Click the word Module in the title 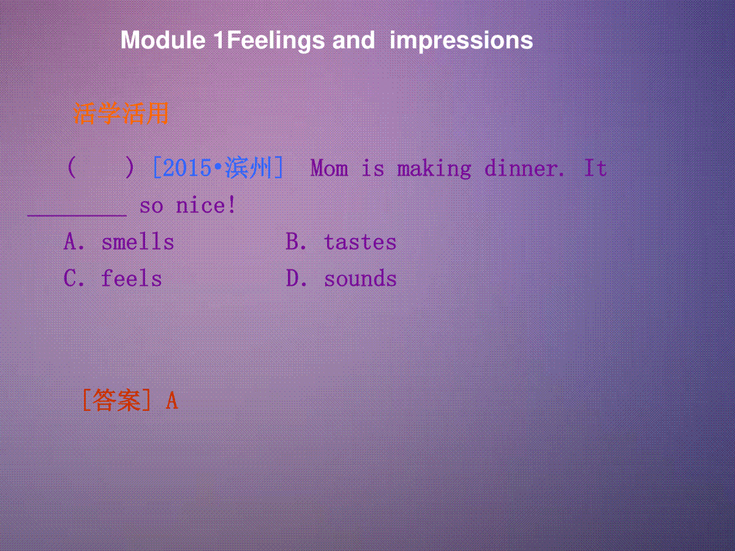163,40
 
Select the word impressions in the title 461,41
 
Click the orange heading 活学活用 121,113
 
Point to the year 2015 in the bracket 188,168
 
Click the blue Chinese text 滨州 248,168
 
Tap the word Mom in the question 329,168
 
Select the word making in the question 434,169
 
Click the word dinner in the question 521,168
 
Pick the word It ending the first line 595,168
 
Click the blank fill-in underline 77,216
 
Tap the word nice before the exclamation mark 200,205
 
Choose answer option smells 138,242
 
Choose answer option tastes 360,242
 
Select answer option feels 131,279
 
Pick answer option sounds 360,279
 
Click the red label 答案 116,400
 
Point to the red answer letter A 171,400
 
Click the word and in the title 353,40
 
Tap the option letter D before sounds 292,279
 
